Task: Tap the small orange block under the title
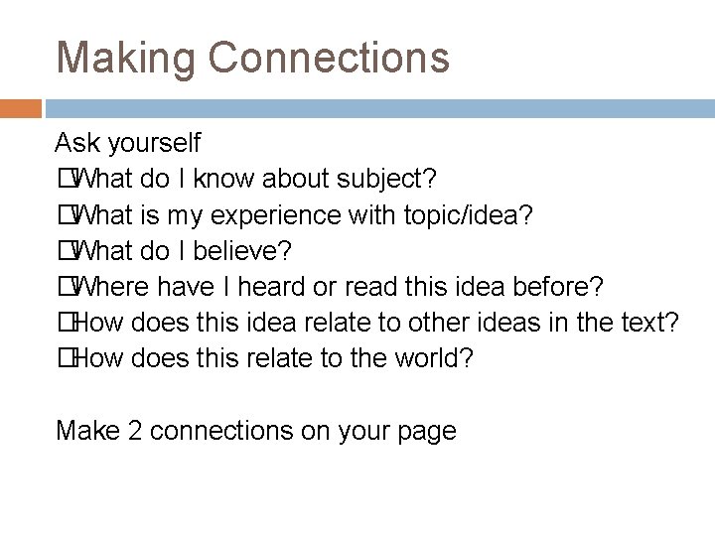[x=21, y=108]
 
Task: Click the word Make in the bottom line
[x=85, y=431]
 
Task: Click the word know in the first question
[x=224, y=179]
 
